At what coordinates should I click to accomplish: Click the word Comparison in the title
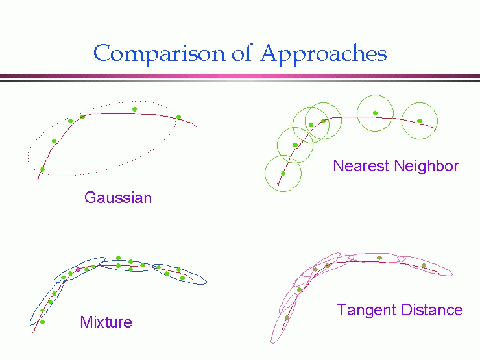tap(159, 54)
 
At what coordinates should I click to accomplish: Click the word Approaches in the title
tap(324, 54)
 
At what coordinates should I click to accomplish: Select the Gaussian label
tap(118, 198)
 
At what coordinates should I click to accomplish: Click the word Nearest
tap(361, 165)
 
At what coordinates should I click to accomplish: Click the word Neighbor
tap(426, 165)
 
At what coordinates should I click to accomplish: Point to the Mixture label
tap(106, 322)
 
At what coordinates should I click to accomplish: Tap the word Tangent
tap(366, 311)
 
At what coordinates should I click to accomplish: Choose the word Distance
tap(431, 309)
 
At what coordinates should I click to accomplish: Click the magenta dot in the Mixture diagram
tap(78, 269)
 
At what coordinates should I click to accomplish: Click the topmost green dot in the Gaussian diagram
tap(134, 109)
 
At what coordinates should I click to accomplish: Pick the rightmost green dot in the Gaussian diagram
tap(179, 117)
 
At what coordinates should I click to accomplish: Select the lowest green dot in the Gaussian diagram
tap(43, 169)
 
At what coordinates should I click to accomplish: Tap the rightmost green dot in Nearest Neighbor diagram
tap(420, 121)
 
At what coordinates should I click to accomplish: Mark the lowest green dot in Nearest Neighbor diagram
tap(283, 174)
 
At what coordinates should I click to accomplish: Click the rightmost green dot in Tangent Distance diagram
tap(424, 265)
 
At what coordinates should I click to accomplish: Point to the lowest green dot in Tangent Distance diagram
tap(287, 318)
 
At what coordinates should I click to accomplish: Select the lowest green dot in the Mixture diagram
tap(43, 322)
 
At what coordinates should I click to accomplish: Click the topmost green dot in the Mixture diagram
tap(119, 258)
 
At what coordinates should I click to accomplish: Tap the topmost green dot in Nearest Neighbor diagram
tap(376, 114)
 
